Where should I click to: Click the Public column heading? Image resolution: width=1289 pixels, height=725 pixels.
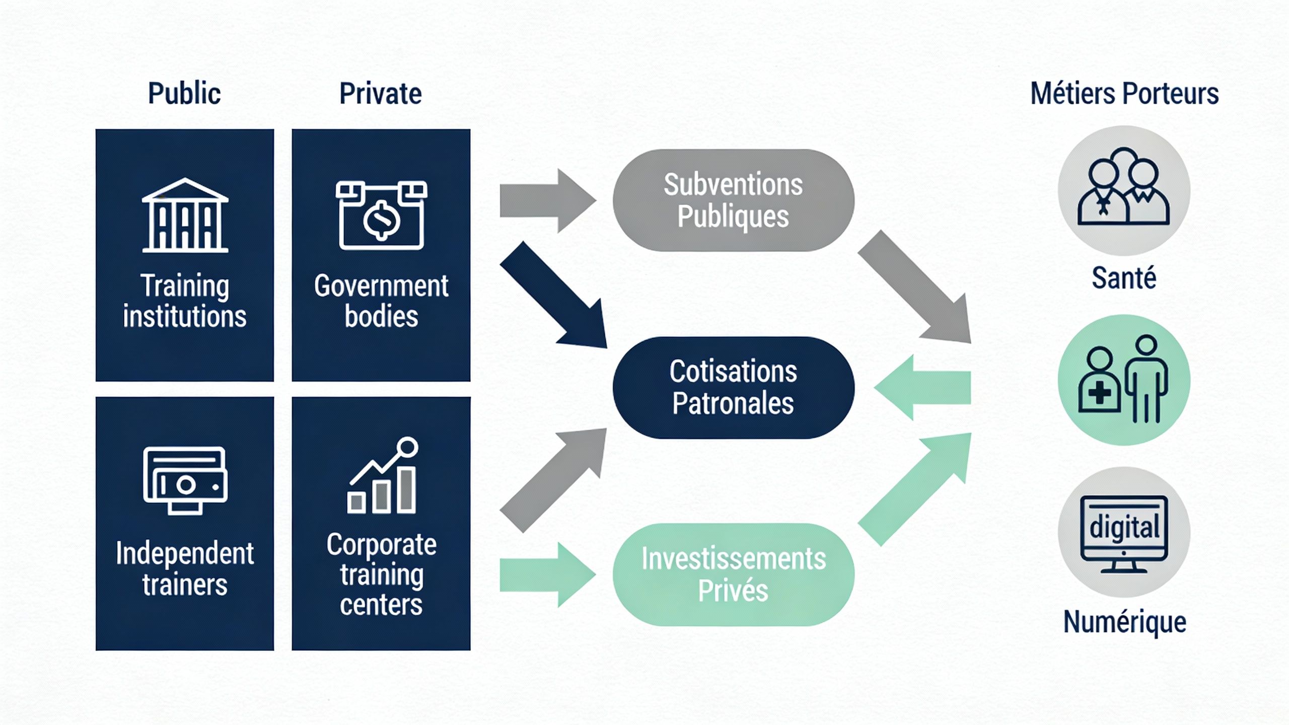(184, 94)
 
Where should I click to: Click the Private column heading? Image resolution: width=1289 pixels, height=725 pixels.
(380, 94)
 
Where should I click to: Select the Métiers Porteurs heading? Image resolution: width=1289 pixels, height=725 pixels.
(1124, 94)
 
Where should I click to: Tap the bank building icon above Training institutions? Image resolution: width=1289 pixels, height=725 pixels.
(185, 215)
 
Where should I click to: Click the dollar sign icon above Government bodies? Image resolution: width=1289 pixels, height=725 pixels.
(381, 218)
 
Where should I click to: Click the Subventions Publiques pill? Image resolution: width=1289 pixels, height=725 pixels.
(733, 200)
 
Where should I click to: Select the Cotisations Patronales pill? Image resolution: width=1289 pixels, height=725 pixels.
(733, 387)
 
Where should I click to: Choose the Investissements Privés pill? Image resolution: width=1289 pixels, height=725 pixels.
(733, 574)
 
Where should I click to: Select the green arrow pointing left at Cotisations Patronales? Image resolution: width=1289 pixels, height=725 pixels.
(924, 388)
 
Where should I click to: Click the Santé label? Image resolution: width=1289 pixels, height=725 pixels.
(1124, 278)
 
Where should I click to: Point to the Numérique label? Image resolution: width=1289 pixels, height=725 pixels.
(1124, 622)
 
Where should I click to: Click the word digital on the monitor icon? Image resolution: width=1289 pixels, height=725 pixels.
(1124, 528)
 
